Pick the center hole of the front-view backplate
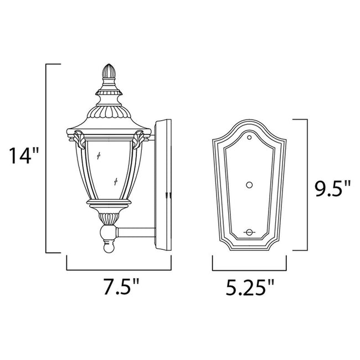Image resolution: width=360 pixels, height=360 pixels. click(x=249, y=185)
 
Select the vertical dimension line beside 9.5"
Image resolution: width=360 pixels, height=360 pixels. click(x=306, y=183)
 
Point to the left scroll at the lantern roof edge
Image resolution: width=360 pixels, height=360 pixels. click(x=79, y=136)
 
